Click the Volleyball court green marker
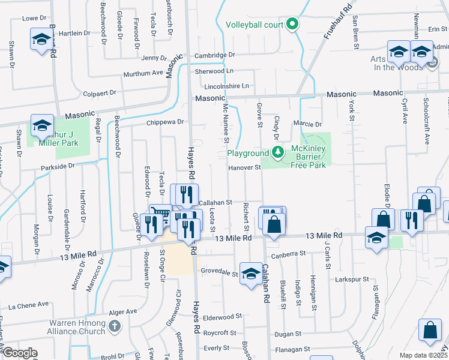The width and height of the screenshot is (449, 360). [292, 25]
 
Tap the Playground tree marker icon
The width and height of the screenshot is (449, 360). [277, 152]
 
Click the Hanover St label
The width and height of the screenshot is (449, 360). [244, 168]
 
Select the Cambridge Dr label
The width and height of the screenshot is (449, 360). [214, 55]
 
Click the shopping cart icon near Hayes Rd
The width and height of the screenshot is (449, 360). [160, 214]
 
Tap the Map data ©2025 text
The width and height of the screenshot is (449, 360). [423, 355]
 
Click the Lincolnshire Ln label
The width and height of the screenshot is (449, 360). [226, 86]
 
